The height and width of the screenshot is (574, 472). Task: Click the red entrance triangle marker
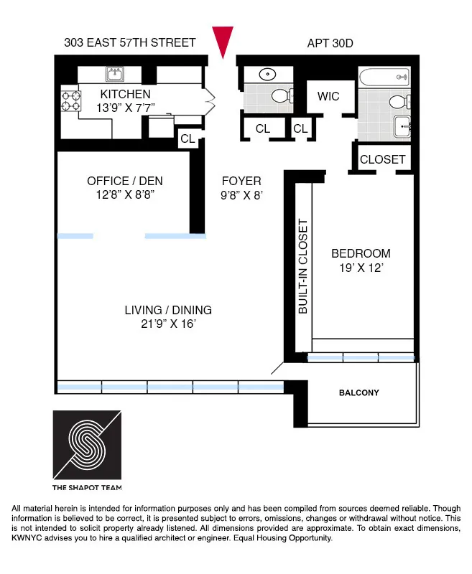click(224, 42)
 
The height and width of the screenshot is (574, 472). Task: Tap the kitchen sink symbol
click(114, 74)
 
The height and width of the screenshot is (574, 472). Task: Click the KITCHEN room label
click(125, 95)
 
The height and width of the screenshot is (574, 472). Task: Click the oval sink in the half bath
click(266, 74)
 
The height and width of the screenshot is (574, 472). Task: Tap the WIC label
click(323, 97)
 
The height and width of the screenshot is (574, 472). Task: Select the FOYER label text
click(241, 181)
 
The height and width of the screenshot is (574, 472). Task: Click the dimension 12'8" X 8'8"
click(121, 194)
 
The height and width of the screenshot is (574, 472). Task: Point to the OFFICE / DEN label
click(121, 181)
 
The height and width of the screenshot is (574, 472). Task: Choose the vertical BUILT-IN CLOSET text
click(302, 266)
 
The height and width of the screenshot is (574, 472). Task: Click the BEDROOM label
click(361, 253)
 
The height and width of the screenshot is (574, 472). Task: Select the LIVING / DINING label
click(168, 310)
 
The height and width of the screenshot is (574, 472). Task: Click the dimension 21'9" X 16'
click(168, 324)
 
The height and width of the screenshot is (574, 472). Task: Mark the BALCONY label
click(358, 392)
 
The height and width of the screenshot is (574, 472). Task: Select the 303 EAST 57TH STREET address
click(129, 43)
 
